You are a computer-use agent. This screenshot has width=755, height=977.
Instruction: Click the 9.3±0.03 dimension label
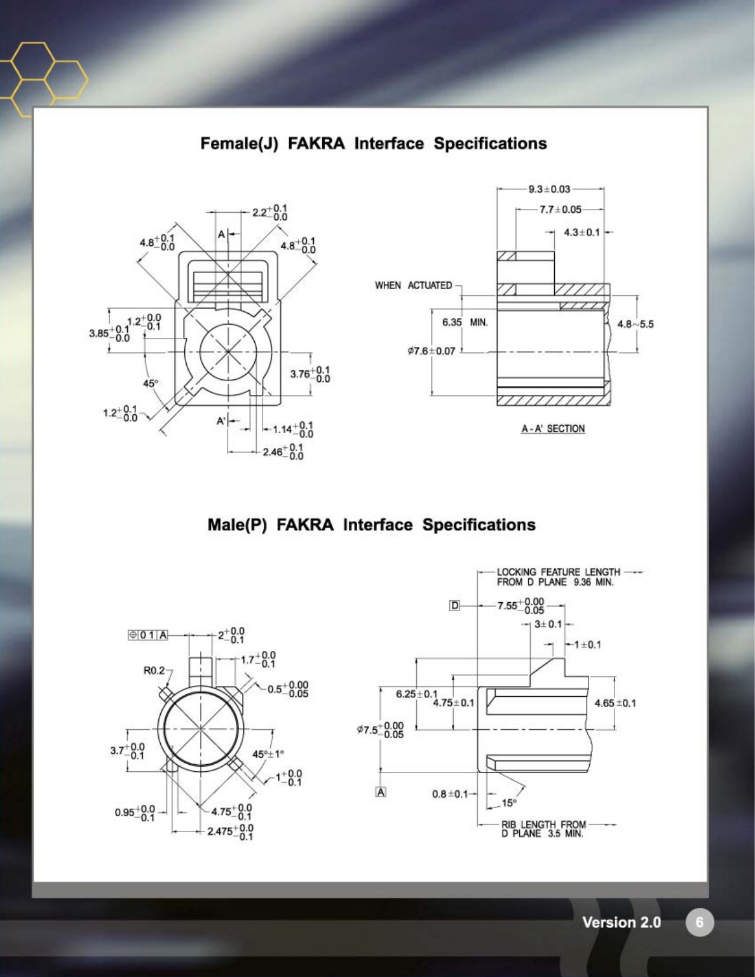coord(549,189)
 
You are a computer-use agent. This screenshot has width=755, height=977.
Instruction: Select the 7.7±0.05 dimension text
coord(560,209)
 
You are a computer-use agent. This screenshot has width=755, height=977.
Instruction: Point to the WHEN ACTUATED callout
coord(413,285)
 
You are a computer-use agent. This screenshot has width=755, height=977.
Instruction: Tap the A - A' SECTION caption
coord(553,429)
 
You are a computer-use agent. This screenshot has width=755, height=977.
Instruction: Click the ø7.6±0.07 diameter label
coord(432,351)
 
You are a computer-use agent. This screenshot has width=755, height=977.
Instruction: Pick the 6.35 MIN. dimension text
coord(465,322)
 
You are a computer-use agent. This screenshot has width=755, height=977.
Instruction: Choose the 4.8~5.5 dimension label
coord(635,324)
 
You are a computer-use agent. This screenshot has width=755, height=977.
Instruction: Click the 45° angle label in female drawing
coord(150,384)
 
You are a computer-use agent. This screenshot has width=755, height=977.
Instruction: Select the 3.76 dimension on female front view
coord(310,374)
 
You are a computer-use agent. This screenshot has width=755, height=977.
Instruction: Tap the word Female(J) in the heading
coord(239,144)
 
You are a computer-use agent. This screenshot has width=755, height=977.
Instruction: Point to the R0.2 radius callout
coord(153,670)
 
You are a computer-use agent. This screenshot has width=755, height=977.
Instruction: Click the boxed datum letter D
coord(454,605)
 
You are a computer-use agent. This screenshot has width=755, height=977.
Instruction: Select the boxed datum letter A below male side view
coord(381,792)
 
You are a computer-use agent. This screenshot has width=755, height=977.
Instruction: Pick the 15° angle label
coord(509,803)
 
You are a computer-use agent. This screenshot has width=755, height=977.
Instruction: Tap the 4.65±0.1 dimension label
coord(615,703)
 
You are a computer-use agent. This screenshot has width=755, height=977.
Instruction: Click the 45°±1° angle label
coord(268,754)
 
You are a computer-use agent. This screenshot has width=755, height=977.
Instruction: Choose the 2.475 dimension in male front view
coord(230,832)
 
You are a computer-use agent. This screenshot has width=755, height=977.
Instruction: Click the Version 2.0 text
coord(621,922)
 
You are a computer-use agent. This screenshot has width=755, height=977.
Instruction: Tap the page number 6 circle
coord(699,922)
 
